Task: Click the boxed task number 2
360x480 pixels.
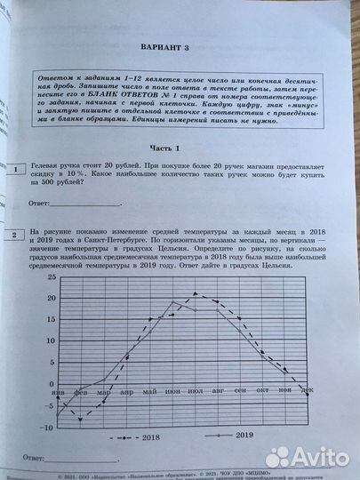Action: (12, 236)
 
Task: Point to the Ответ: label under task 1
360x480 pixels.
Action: (44, 204)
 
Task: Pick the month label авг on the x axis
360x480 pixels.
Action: (217, 390)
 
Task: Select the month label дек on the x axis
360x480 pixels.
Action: (307, 389)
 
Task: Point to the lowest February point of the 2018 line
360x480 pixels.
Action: (81, 419)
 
